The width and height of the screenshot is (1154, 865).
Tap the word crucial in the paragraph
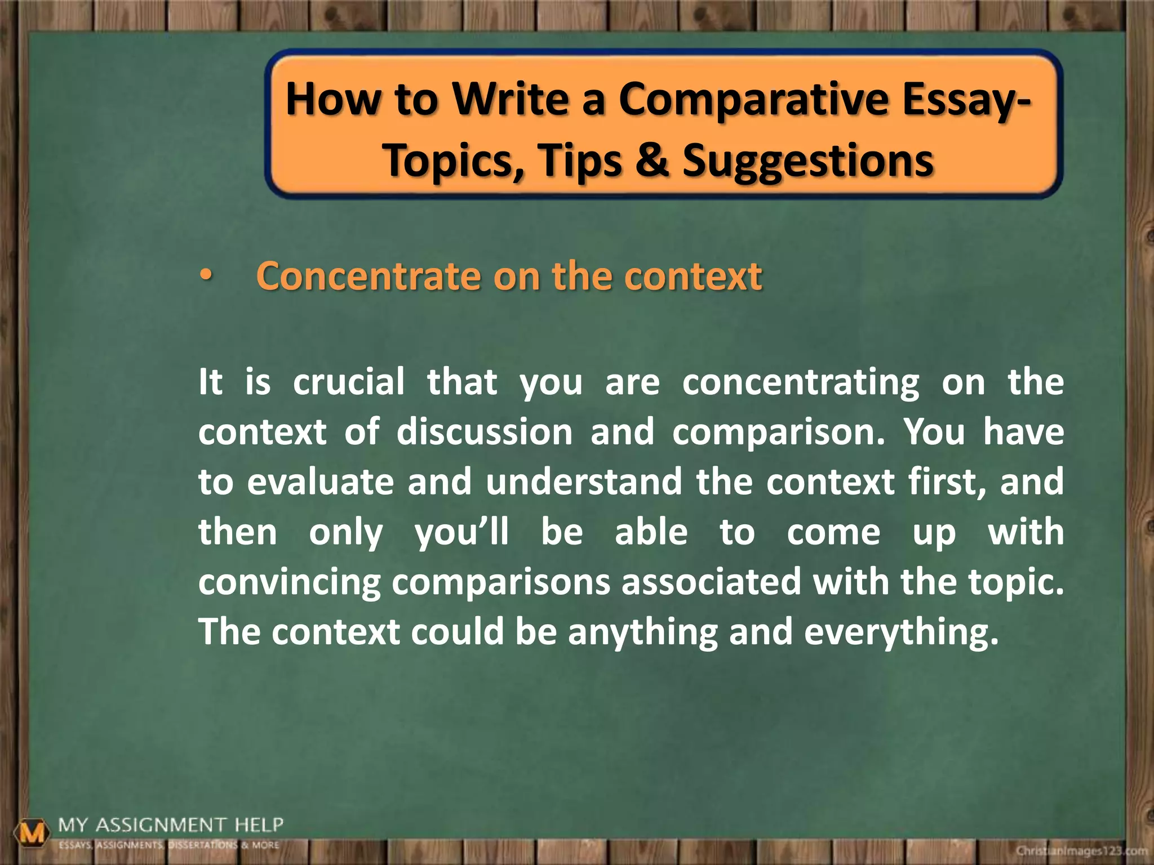tap(349, 382)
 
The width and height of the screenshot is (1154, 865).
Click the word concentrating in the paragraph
tap(800, 383)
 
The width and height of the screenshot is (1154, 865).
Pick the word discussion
tap(485, 432)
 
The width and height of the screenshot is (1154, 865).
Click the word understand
tap(584, 482)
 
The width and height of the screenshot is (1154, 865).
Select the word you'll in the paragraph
tap(461, 533)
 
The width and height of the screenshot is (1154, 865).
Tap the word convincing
tap(290, 582)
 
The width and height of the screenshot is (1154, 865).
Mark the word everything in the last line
tap(900, 632)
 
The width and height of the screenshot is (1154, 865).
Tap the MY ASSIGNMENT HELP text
tap(170, 826)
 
